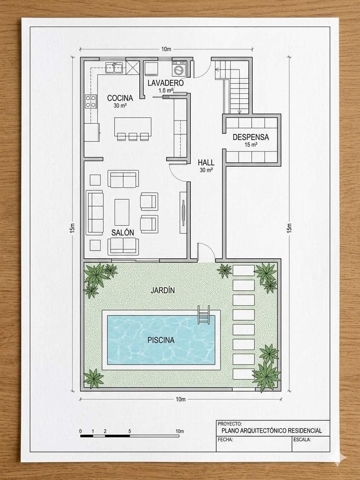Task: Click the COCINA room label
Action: coord(120,98)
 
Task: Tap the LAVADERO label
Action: coord(165,83)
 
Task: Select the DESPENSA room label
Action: coord(251,137)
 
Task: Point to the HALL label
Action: coord(206,163)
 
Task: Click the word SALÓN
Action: coord(123,233)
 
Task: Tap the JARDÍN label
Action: coord(163,290)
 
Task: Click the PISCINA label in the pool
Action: coord(161,340)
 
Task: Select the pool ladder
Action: coord(204,315)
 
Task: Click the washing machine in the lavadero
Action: coord(178,69)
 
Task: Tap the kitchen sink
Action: coord(114,67)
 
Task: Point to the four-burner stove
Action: coord(91,101)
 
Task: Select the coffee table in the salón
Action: coord(122,212)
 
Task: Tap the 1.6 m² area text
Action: coord(165,91)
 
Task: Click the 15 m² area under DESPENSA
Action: coord(251,145)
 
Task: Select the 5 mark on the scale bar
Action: coord(129,431)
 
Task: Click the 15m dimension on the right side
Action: coord(289,228)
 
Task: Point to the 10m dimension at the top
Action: coord(166,49)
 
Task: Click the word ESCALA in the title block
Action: coord(302,439)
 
